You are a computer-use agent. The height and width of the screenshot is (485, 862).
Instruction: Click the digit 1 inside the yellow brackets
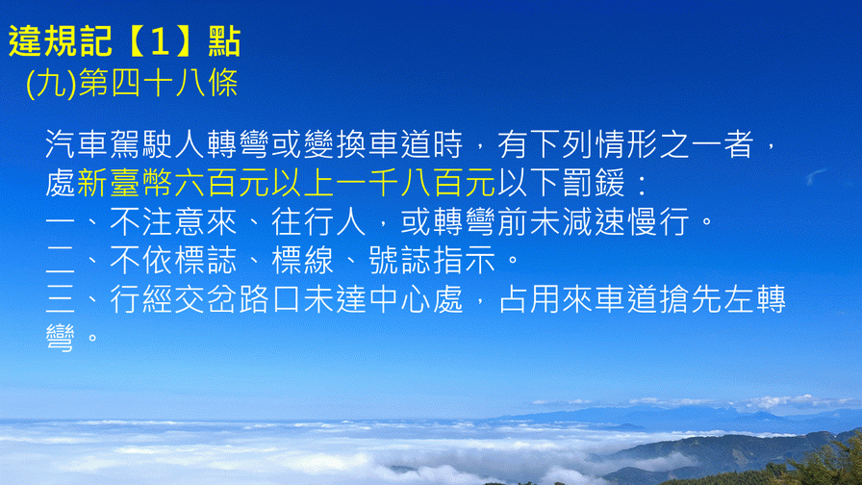tap(160, 41)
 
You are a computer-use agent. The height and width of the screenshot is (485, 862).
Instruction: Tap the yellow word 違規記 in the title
tap(61, 41)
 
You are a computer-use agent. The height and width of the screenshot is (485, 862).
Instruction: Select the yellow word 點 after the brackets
tap(224, 41)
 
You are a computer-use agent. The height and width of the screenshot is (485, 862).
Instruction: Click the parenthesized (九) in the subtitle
tap(51, 84)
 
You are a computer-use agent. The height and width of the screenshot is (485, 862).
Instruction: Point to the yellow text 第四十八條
tap(159, 84)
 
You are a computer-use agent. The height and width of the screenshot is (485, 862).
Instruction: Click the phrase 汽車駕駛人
tap(125, 144)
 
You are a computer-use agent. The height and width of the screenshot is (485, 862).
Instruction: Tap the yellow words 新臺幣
tap(125, 183)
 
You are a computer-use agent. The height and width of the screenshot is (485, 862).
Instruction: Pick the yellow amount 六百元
tap(222, 183)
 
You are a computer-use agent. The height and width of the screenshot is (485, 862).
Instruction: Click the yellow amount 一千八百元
tap(416, 183)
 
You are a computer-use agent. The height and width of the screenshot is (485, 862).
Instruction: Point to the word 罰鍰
tap(594, 183)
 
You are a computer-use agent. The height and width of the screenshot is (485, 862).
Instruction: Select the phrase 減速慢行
tap(626, 221)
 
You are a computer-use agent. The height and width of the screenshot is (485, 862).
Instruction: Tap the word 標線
tap(303, 260)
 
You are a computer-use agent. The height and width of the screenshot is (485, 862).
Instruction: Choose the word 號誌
tap(399, 260)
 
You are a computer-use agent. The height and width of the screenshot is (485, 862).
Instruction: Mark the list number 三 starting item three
tap(61, 299)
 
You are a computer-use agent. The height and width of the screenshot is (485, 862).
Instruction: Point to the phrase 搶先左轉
tap(723, 299)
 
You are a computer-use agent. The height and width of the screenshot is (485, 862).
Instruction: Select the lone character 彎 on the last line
tap(61, 337)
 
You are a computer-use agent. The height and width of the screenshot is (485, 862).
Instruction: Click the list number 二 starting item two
tap(61, 261)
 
